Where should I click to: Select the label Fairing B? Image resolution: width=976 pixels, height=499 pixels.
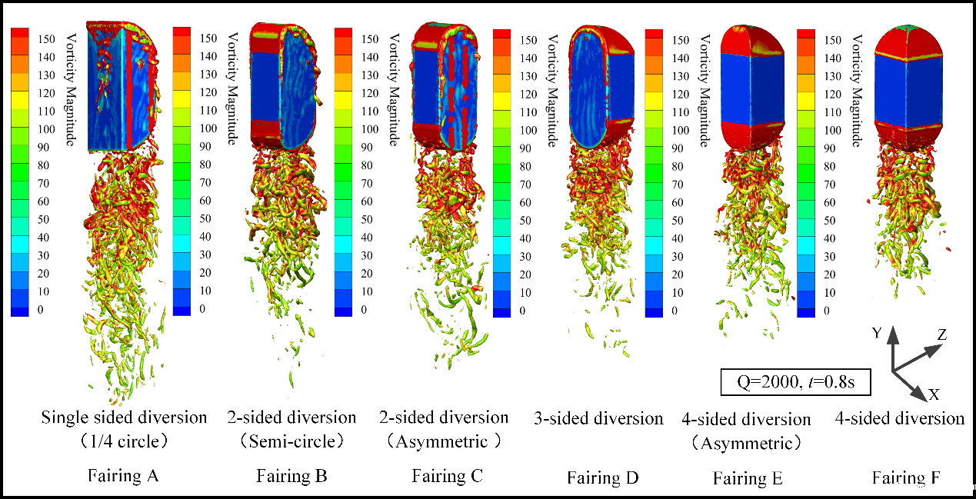point(291,476)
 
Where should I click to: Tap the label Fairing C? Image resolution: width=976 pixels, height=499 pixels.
point(447,476)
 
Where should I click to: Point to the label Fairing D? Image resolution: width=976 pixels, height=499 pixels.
point(603,477)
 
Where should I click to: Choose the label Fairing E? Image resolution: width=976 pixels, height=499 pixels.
point(748,478)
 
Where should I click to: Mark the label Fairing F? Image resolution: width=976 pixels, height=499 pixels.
point(905,477)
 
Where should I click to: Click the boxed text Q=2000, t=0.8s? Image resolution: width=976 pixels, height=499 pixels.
point(781,382)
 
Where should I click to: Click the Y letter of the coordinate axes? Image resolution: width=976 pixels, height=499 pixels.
point(875,334)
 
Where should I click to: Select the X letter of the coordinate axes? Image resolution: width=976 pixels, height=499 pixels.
point(934,394)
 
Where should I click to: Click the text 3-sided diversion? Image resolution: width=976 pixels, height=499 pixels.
point(598,418)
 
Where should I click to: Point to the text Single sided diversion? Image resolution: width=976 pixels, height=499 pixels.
point(124,417)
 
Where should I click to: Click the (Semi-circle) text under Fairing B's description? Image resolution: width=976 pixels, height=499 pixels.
point(291,441)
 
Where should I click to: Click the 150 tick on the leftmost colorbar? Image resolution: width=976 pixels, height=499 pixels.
point(44,37)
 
